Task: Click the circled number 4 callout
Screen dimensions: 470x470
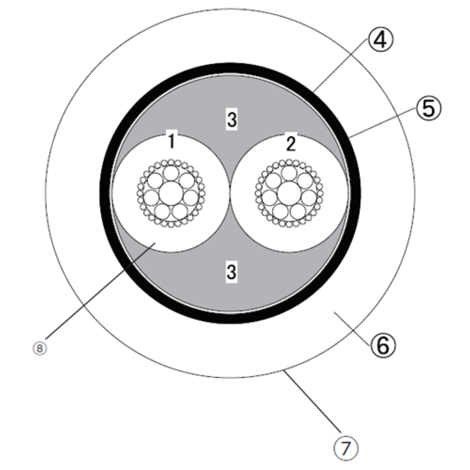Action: tap(380, 39)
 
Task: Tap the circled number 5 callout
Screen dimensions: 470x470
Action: tap(428, 108)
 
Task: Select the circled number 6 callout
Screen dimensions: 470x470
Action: tap(383, 345)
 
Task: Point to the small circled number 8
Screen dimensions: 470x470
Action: tap(40, 348)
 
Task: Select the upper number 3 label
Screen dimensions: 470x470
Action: tap(231, 120)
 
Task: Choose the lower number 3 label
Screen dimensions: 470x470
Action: tap(231, 271)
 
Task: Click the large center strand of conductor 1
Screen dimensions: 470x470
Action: tap(171, 193)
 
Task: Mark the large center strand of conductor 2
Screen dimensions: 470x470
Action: tap(289, 193)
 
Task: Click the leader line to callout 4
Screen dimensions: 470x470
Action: tap(341, 65)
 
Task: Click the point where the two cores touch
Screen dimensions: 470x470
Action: tap(230, 193)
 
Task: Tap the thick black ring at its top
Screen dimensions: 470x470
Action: tap(230, 68)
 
